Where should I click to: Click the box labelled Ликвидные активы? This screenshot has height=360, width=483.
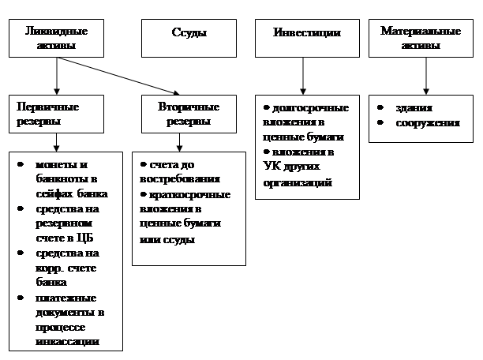57,38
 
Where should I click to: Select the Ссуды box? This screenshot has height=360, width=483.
189,34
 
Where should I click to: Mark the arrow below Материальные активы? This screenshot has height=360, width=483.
426,77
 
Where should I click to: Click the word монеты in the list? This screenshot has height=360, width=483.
53,165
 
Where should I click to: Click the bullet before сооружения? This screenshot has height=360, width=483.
380,123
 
